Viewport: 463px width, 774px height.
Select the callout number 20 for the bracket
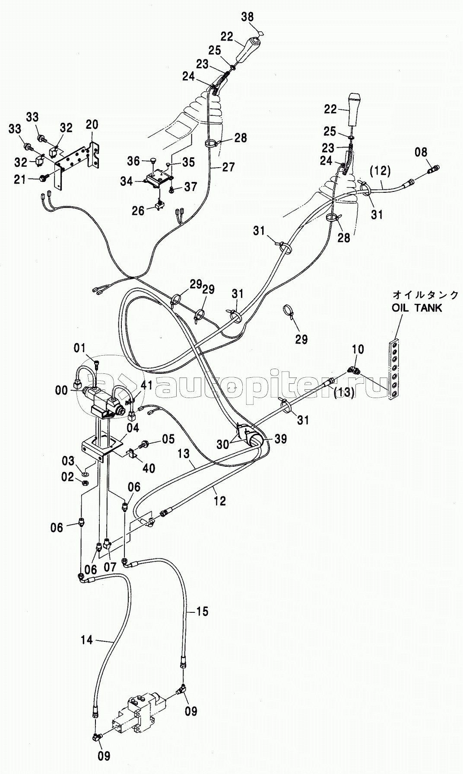[92, 125]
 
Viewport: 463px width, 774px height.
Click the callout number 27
[228, 167]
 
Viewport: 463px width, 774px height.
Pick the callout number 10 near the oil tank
[358, 349]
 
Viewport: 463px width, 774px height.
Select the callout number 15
[202, 611]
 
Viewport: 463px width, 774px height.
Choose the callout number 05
[168, 439]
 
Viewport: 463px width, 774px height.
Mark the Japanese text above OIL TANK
[425, 295]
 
